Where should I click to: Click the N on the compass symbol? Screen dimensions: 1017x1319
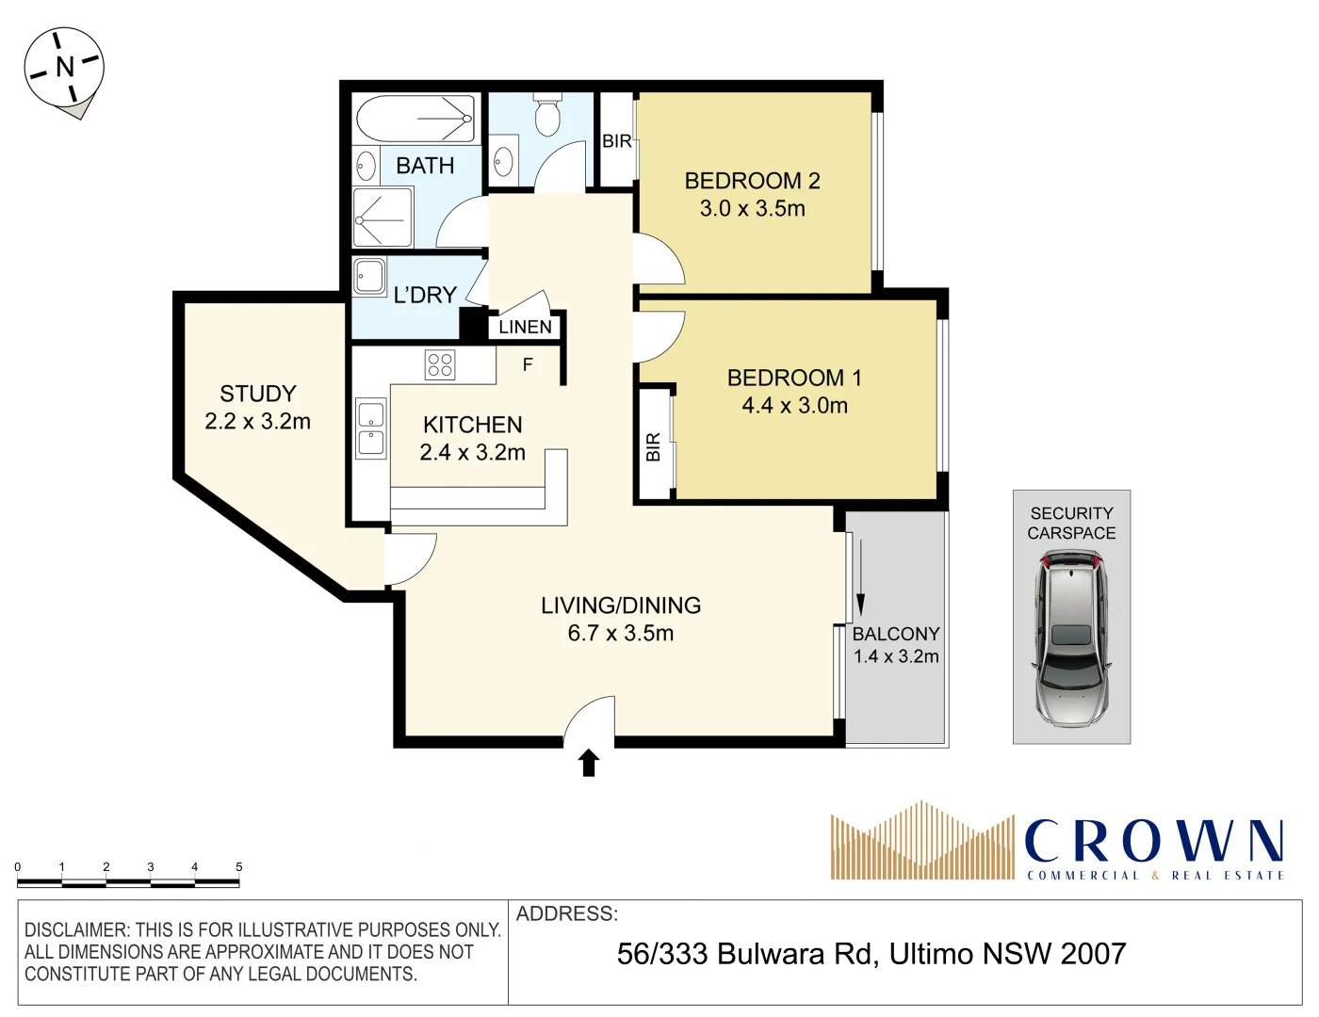(64, 67)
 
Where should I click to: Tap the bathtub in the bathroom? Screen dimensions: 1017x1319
(415, 118)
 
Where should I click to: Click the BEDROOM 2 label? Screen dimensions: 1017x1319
(752, 181)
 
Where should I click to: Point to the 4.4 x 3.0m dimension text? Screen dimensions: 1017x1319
(794, 406)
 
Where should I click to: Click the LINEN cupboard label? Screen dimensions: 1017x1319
(525, 327)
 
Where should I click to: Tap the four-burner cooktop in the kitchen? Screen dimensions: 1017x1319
(440, 364)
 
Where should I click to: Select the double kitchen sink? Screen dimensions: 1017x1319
(370, 428)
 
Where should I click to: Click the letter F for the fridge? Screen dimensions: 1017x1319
(528, 364)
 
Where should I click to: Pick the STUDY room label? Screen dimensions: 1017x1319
(258, 394)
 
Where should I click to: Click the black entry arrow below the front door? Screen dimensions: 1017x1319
(589, 762)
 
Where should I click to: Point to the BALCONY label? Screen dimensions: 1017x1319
(896, 634)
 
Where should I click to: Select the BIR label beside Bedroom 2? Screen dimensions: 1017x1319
(617, 141)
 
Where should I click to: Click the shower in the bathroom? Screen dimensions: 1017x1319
(383, 218)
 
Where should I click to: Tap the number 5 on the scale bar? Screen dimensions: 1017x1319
(238, 866)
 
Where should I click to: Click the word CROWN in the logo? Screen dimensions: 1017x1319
(1153, 841)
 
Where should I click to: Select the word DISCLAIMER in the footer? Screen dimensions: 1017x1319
(74, 930)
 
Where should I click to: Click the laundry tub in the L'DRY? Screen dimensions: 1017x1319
(369, 277)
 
